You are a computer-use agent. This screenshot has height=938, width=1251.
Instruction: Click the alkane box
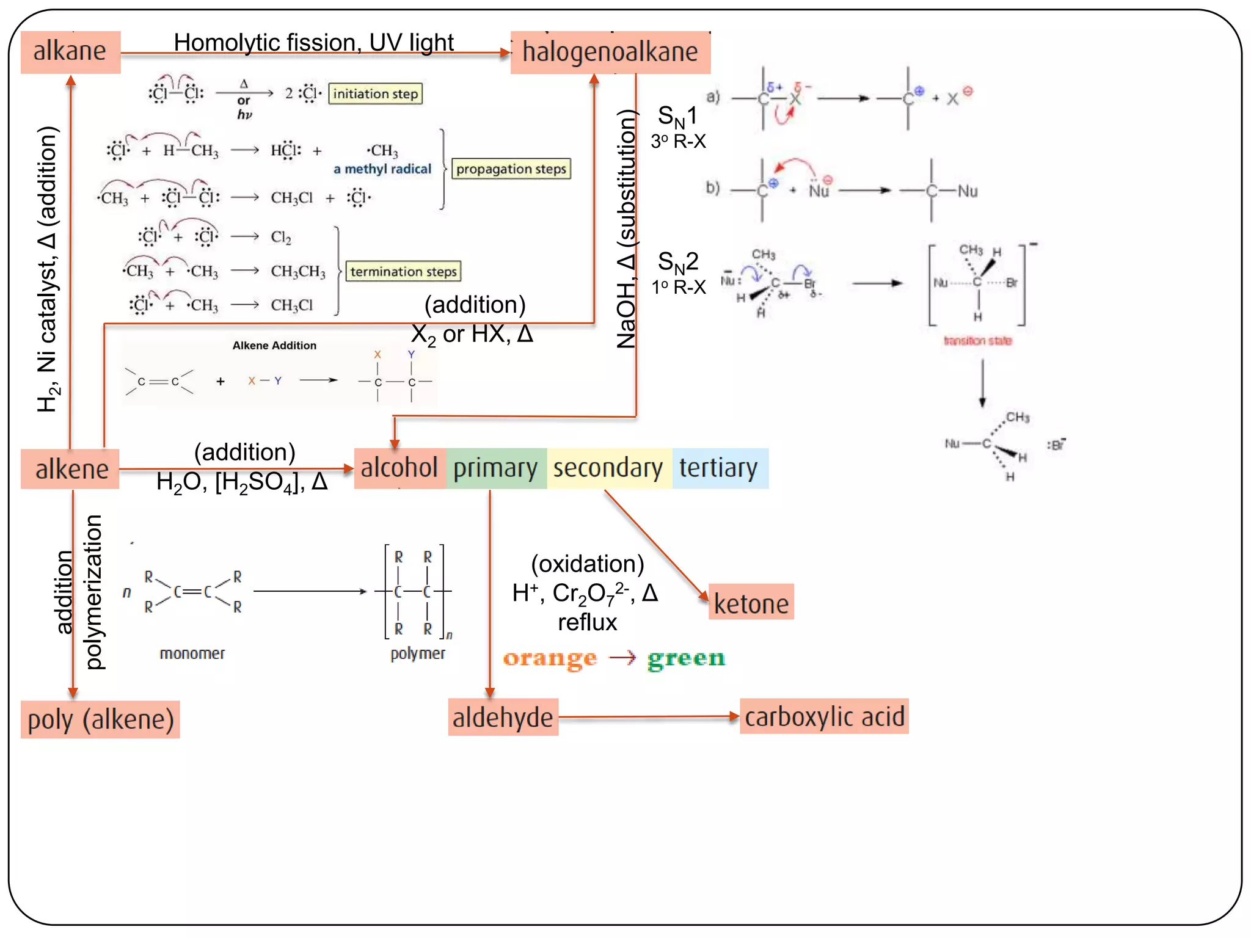coord(70,52)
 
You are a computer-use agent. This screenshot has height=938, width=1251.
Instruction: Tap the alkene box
coord(70,469)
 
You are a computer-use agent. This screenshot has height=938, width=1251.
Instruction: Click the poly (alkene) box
coord(100,719)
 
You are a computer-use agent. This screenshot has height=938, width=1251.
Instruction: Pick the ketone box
coord(751,603)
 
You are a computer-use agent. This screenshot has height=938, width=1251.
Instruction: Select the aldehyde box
coord(503,717)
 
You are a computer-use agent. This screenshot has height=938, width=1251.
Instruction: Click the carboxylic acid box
coord(824,716)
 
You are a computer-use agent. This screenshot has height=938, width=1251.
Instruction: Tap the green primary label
coord(496,468)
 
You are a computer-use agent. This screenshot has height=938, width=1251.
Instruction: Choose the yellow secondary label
coord(608,468)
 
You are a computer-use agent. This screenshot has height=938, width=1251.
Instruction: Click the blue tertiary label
coord(719,468)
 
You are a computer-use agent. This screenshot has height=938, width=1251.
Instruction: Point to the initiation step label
coord(375,94)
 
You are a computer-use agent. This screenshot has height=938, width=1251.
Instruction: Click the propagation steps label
coord(511,169)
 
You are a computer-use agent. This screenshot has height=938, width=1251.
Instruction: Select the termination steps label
coord(403,272)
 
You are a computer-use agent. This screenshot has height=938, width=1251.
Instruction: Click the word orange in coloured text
coord(549,659)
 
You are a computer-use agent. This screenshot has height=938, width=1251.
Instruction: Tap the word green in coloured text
coord(686,659)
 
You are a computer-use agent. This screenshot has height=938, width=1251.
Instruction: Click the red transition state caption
coord(977,341)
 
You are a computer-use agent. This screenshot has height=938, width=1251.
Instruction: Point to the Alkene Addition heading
coord(274,346)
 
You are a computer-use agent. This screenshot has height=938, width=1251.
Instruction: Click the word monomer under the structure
coord(192,653)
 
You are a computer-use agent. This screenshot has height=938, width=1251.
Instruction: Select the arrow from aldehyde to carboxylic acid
coord(647,717)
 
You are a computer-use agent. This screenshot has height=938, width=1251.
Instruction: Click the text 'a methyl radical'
coord(382,169)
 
